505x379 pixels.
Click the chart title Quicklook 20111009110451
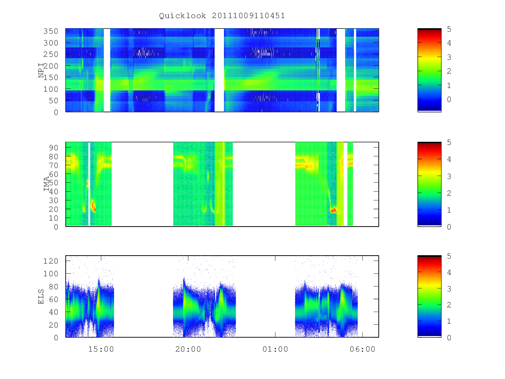(222, 16)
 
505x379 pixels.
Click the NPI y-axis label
(41, 70)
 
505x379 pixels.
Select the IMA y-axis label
(46, 184)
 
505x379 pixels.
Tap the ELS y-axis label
(41, 296)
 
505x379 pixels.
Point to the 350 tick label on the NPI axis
(50, 31)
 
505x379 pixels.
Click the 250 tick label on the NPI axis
(50, 54)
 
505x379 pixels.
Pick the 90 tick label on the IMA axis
(53, 147)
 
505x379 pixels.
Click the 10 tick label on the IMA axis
(53, 218)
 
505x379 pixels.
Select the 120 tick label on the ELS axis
(50, 261)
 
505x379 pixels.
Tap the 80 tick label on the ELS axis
(53, 286)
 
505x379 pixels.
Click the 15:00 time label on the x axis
(101, 349)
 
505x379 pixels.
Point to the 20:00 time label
(188, 349)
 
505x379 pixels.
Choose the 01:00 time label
(275, 349)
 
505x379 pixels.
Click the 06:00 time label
(362, 349)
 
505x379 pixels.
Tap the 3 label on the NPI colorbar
(449, 57)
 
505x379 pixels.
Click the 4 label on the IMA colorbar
(449, 159)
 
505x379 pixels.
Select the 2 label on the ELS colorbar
(449, 304)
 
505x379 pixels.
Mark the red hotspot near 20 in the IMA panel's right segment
(333, 210)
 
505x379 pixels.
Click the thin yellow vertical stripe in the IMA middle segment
(223, 184)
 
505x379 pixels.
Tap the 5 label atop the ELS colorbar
(449, 256)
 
